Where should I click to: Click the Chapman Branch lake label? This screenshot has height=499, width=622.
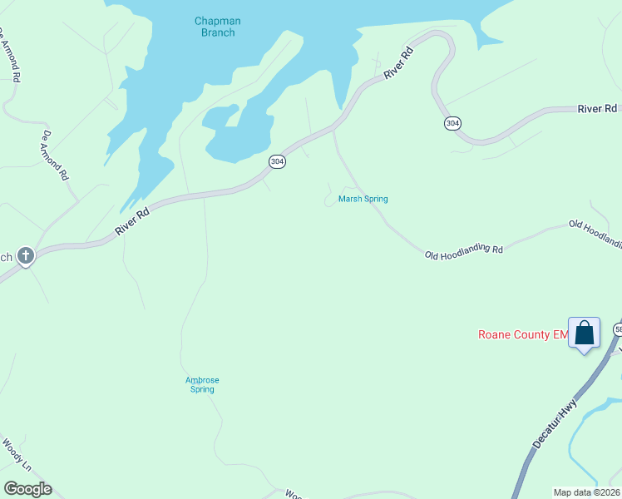click(x=215, y=27)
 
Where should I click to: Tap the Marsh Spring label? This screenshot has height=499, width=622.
click(x=363, y=199)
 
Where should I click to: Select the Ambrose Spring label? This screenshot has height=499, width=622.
click(x=202, y=384)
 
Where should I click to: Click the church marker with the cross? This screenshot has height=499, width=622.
click(x=26, y=255)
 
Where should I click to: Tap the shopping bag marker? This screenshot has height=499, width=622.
click(x=584, y=333)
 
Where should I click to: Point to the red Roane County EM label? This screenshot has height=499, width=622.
click(x=522, y=335)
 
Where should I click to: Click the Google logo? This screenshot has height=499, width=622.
click(x=27, y=489)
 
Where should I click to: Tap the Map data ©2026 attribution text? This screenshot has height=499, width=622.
click(x=585, y=492)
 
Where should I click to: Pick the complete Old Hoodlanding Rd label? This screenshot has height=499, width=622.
click(x=464, y=249)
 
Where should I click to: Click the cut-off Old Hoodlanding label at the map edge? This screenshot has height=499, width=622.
click(x=595, y=232)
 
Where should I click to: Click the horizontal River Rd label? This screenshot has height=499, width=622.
click(x=597, y=109)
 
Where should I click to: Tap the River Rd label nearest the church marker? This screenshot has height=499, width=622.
click(x=132, y=221)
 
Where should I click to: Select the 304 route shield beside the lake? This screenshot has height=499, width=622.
click(x=278, y=161)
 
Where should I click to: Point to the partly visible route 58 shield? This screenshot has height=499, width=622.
click(x=618, y=330)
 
